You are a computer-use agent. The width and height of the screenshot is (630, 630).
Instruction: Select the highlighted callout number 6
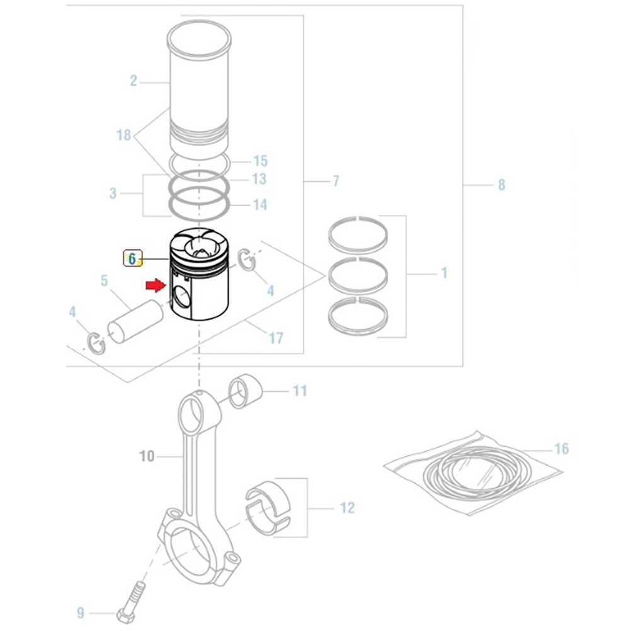(133, 258)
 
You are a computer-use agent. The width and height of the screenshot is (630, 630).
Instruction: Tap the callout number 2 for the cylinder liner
(134, 81)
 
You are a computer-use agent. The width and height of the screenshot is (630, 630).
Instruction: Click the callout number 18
(123, 135)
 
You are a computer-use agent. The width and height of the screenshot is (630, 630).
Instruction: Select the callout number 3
(113, 193)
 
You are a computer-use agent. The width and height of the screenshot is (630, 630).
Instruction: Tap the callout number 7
(336, 182)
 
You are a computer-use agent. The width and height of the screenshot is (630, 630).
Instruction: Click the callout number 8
(501, 185)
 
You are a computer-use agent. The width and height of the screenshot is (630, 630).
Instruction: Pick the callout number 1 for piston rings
(444, 273)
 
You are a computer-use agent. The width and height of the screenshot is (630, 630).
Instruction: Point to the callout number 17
(276, 338)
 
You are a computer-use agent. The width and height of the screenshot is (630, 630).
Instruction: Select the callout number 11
(300, 391)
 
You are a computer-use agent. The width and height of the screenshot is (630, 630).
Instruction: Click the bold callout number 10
(146, 455)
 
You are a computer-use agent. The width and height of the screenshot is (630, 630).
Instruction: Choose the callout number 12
(347, 508)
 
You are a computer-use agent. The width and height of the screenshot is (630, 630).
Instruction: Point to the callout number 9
(81, 612)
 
